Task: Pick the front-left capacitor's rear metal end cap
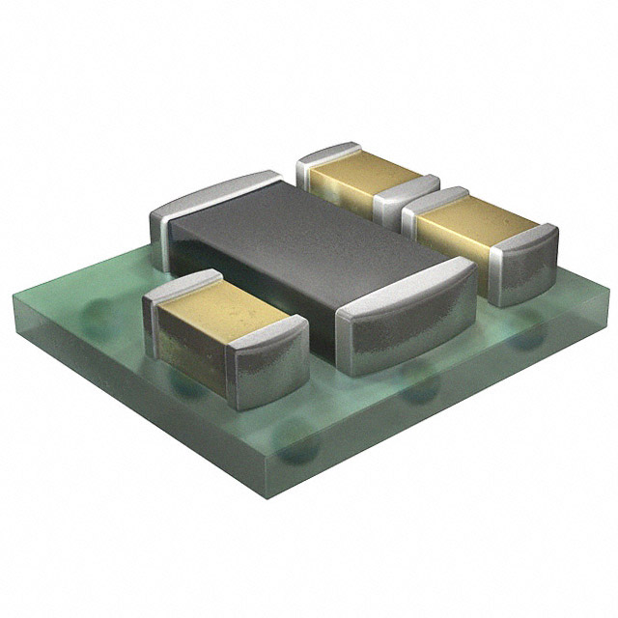click(x=179, y=290)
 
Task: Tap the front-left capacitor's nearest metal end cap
click(x=270, y=362)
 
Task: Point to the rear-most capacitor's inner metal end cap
click(x=406, y=198)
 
